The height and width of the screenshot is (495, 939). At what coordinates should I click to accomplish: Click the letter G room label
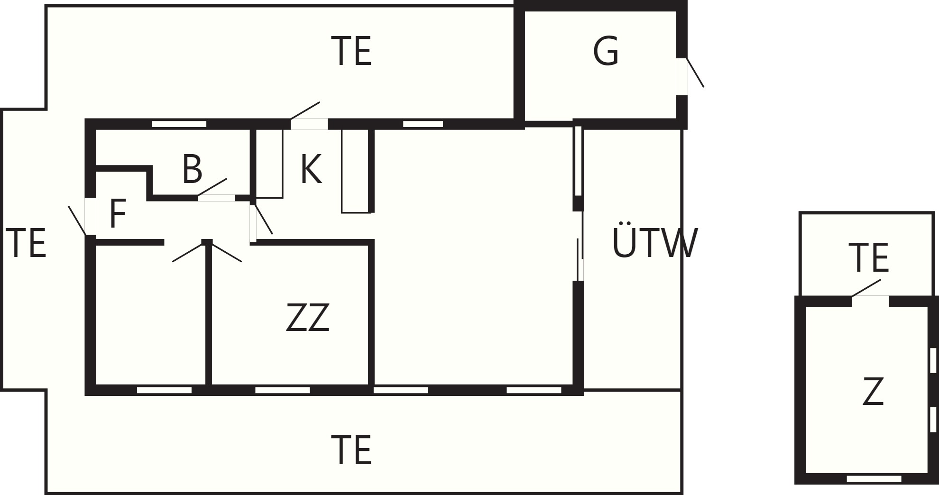606,51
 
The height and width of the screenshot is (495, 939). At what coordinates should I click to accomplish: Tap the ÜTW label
655,241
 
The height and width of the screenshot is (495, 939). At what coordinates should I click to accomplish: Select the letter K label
311,169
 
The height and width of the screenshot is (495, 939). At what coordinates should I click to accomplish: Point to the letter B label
192,169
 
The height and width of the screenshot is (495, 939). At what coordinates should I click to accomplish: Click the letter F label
118,214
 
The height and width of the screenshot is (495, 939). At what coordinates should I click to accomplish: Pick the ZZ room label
307,317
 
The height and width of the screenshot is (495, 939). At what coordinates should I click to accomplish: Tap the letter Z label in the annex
873,391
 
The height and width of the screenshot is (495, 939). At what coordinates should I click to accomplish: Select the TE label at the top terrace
351,51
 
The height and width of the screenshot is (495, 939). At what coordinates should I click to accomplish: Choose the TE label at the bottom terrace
351,450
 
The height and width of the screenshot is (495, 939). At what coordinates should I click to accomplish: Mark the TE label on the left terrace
26,243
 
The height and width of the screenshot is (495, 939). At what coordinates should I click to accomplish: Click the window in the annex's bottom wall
874,478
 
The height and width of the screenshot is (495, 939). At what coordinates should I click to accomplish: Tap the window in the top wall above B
179,124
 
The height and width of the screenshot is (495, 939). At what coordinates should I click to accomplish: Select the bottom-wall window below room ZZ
283,390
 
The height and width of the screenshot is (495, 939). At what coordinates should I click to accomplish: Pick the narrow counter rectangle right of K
356,171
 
